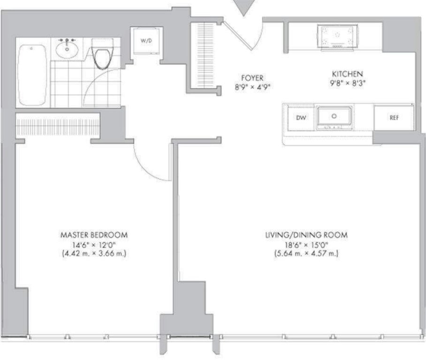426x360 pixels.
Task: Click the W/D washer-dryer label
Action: [x=146, y=41]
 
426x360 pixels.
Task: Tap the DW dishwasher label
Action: [x=301, y=118]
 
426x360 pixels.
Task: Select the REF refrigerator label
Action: [x=394, y=118]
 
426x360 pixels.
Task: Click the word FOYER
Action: [x=252, y=78]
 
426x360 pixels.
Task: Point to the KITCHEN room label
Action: [x=347, y=74]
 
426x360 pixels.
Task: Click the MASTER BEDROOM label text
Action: [x=94, y=235]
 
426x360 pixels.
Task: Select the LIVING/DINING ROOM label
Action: [x=306, y=235]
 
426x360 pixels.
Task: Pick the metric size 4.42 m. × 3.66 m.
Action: [x=94, y=254]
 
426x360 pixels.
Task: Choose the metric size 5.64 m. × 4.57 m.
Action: [x=306, y=254]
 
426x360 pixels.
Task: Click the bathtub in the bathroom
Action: [x=32, y=75]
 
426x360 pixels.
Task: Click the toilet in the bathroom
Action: [x=102, y=54]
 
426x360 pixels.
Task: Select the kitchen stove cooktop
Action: [x=337, y=37]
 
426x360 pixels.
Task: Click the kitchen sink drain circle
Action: [x=334, y=116]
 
